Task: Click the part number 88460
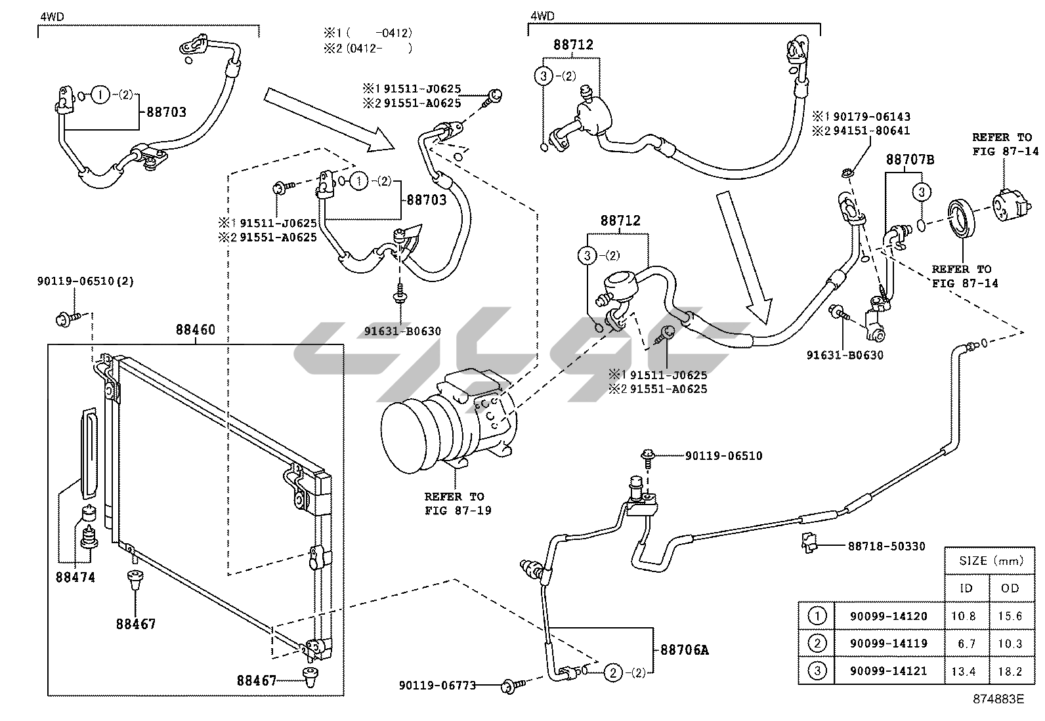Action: tap(195, 330)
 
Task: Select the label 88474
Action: tap(76, 577)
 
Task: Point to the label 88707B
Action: tap(910, 159)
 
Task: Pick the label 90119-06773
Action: tap(437, 686)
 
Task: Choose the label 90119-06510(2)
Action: tap(85, 281)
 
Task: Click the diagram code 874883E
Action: tap(999, 699)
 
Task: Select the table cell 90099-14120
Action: tap(889, 616)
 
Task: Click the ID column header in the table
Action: tap(966, 588)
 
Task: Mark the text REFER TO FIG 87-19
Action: tap(454, 503)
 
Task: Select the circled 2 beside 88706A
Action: tap(612, 672)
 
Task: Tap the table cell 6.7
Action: tap(966, 644)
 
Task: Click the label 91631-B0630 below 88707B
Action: tap(845, 355)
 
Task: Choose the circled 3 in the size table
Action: tap(817, 671)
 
